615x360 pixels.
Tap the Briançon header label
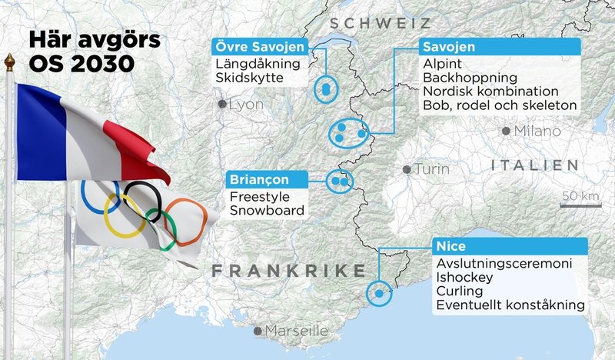click(x=267, y=179)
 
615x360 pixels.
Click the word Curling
click(x=459, y=292)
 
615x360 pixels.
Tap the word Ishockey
click(x=463, y=277)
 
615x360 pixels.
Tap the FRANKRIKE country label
click(x=288, y=271)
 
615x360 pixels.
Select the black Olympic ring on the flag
click(x=143, y=202)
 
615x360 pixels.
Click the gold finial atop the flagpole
click(x=9, y=62)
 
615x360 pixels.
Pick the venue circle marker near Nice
click(x=378, y=292)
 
